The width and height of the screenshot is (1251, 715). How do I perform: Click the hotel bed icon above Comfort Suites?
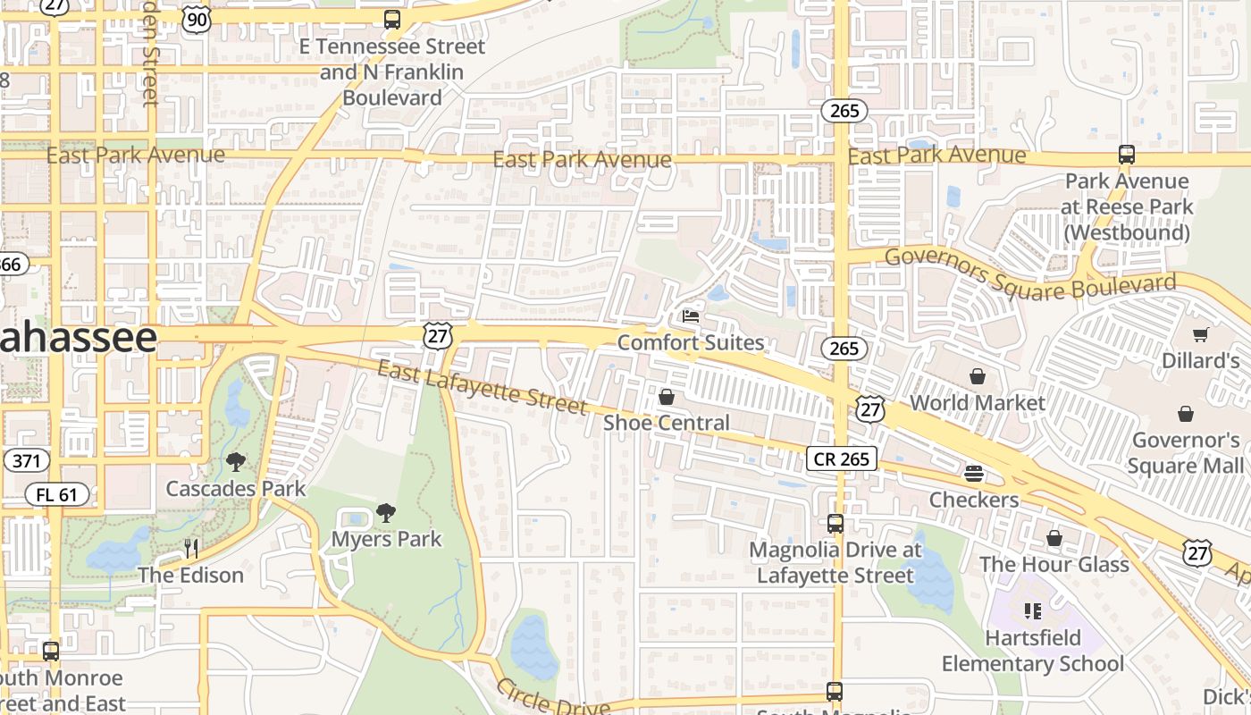690,316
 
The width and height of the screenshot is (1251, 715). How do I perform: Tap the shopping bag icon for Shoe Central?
666,397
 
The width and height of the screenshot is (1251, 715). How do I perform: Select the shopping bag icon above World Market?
977,376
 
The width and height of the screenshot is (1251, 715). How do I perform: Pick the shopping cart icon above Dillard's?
1200,335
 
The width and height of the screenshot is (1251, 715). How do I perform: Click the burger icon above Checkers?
974,474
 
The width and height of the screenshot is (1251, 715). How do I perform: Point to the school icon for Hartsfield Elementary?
1033,611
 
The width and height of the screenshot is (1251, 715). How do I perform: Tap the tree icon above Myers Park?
386,513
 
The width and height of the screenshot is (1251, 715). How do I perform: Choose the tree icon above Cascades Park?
236,462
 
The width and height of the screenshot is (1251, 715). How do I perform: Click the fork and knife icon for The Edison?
190,548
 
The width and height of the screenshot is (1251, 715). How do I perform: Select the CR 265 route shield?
842,458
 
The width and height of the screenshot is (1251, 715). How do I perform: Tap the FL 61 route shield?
56,494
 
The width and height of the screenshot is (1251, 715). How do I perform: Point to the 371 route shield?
26,461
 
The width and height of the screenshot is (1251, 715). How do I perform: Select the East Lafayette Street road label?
483,387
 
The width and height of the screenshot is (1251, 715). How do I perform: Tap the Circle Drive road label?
552,697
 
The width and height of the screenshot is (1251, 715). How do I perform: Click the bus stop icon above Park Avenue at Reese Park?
1126,155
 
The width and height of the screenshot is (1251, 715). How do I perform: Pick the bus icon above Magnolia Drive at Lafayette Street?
835,524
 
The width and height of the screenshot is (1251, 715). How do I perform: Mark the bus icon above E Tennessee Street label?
391,20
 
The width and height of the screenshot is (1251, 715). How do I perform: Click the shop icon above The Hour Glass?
1054,538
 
